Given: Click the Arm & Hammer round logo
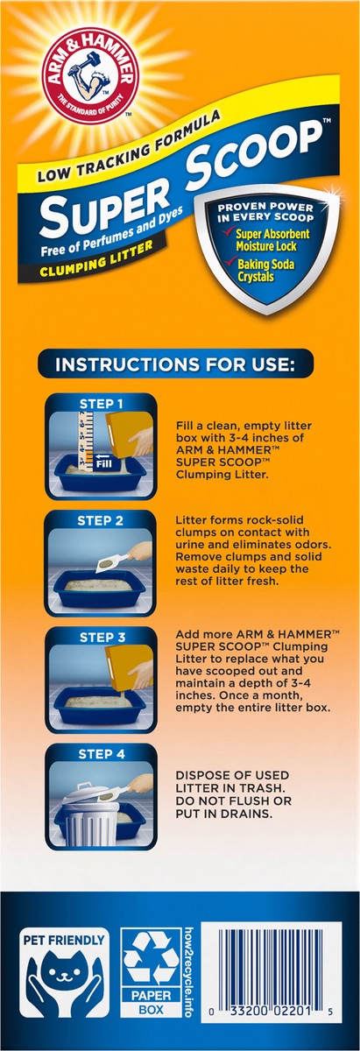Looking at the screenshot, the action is [x=90, y=75].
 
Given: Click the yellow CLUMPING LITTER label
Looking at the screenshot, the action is [x=97, y=258].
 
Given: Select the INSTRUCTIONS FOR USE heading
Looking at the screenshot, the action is [x=175, y=364].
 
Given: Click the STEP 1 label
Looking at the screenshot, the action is [x=101, y=404].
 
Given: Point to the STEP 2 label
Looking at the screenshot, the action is [x=101, y=521].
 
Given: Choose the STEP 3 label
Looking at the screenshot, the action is [x=102, y=638].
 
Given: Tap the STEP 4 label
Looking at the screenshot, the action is [x=102, y=754].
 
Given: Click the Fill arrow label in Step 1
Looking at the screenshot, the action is [x=103, y=461].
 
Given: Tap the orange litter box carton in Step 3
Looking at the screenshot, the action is [x=129, y=667].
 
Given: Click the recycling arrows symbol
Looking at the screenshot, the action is [x=152, y=956].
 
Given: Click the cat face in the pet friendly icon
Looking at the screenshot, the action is [x=63, y=973].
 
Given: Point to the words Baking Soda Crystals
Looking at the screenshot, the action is [x=265, y=270].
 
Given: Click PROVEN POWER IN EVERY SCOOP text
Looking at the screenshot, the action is [x=265, y=212].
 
